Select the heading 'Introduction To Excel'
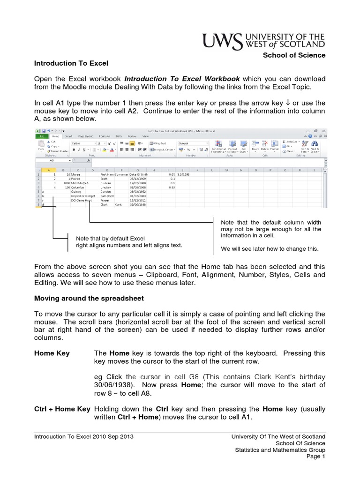(71, 63)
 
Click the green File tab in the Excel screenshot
(42, 136)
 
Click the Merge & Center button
(160, 150)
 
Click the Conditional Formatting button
(218, 147)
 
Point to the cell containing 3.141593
(183, 174)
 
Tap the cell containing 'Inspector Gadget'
(83, 196)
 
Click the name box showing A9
(52, 160)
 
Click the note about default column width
(270, 229)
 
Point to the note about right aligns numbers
(128, 242)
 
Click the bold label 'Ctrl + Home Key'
(62, 409)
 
